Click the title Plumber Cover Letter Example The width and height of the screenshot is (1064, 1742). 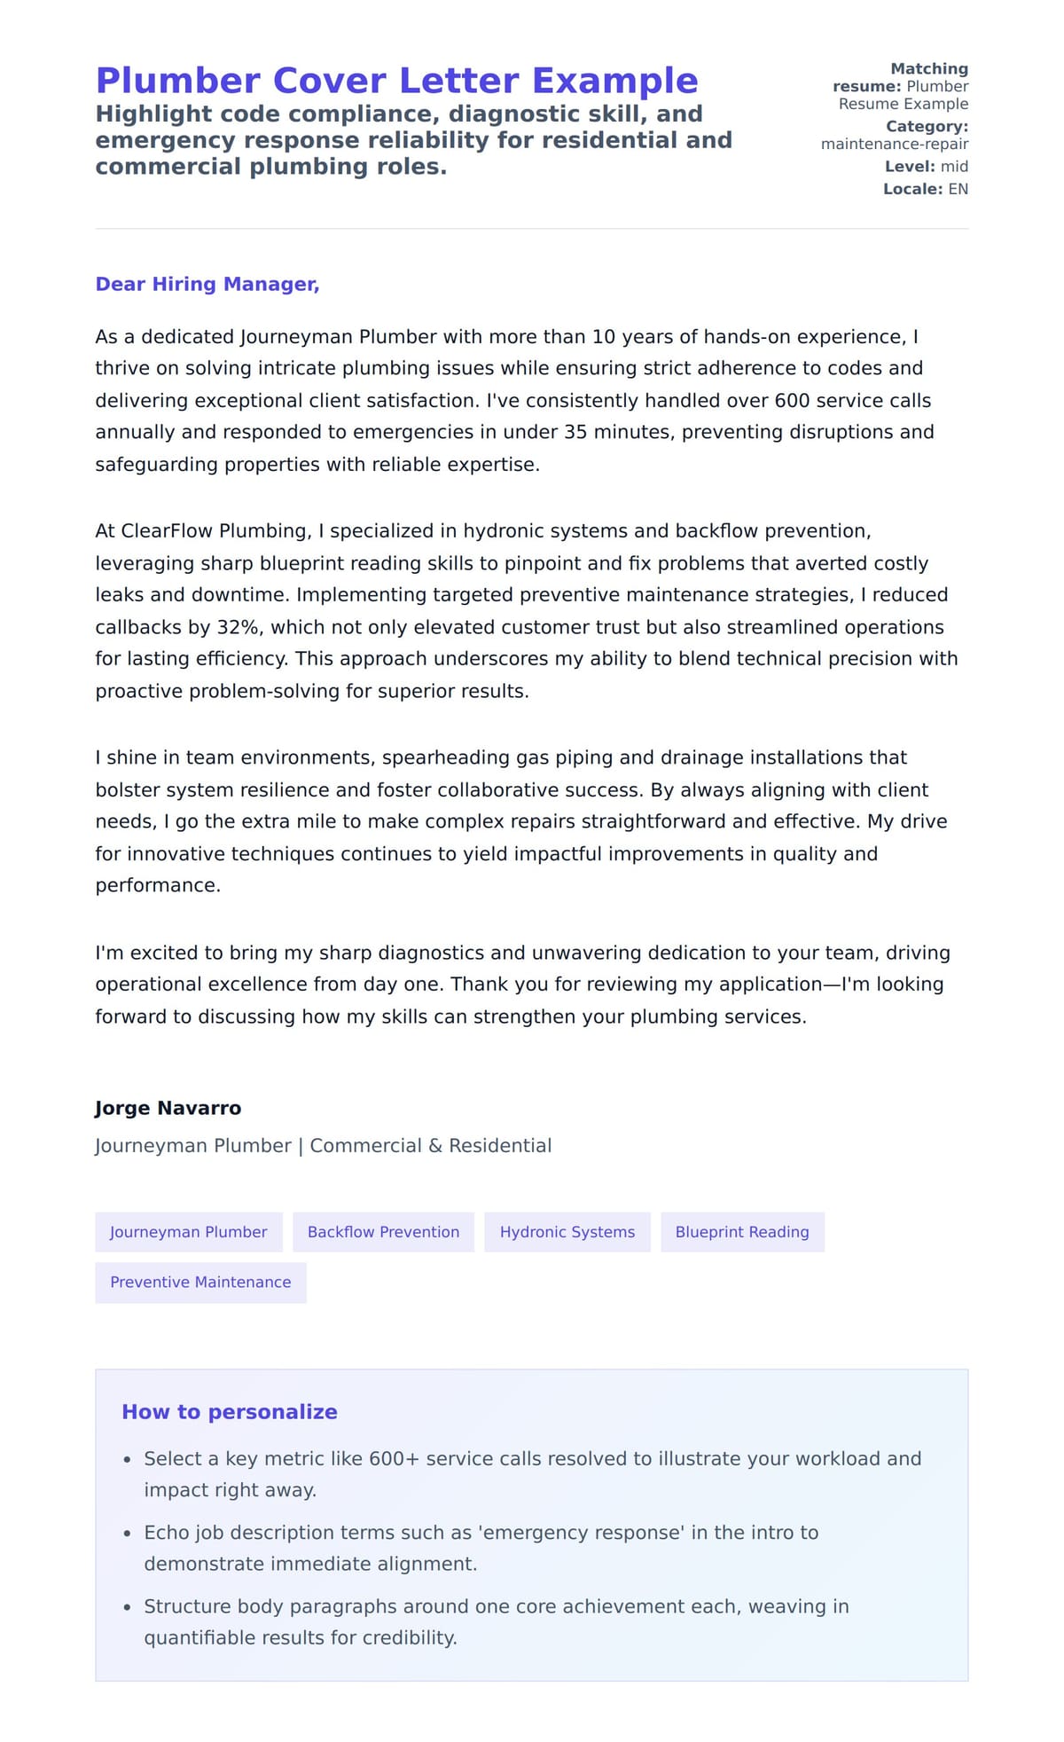pyautogui.click(x=396, y=81)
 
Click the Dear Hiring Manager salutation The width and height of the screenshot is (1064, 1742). pyautogui.click(x=207, y=284)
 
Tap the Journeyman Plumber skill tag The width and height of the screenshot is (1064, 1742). pyautogui.click(x=188, y=1232)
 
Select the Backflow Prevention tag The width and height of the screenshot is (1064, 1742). pyautogui.click(x=383, y=1232)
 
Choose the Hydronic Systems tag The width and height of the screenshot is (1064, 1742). pyautogui.click(x=567, y=1232)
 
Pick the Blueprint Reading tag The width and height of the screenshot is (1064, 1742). pyautogui.click(x=742, y=1232)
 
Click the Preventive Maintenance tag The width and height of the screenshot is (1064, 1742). pyautogui.click(x=200, y=1283)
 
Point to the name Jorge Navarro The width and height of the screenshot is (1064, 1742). pyautogui.click(x=168, y=1108)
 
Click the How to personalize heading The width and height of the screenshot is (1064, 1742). pyautogui.click(x=230, y=1412)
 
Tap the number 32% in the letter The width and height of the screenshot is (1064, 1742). pyautogui.click(x=238, y=627)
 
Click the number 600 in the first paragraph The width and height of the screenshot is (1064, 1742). pyautogui.click(x=792, y=401)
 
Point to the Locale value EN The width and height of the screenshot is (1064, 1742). pyautogui.click(x=958, y=189)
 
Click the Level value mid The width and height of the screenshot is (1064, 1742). pyautogui.click(x=954, y=167)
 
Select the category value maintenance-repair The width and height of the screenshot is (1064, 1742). pyautogui.click(x=894, y=145)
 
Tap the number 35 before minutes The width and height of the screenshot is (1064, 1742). pyautogui.click(x=575, y=432)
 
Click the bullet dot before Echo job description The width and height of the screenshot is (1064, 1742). pyautogui.click(x=128, y=1534)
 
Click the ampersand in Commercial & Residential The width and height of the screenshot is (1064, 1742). pyautogui.click(x=434, y=1146)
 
